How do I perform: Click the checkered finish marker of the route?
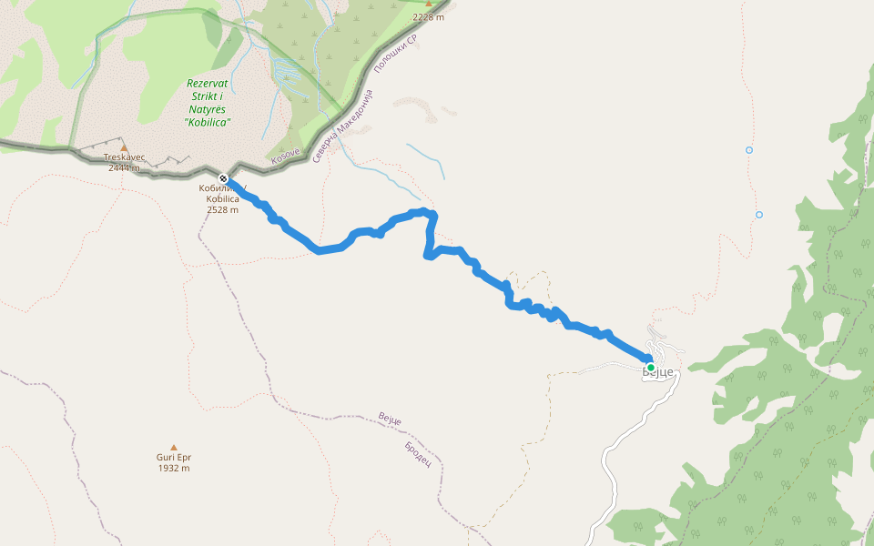coord(223,177)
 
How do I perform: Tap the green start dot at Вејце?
coord(651,368)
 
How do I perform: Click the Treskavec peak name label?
coord(124,157)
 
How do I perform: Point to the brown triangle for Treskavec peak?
coord(125,147)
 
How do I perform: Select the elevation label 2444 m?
coord(124,167)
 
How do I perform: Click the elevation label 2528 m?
coord(222,209)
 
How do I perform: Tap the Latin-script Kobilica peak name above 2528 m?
coord(222,198)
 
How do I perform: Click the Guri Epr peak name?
coord(173,458)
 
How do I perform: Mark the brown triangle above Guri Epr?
coord(173,447)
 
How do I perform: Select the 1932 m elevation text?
coord(173,469)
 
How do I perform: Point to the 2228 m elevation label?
coord(428,17)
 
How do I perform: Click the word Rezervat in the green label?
coord(208,83)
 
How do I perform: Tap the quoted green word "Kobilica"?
coord(207,122)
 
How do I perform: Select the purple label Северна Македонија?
coord(343,126)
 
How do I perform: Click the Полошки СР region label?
coord(395,55)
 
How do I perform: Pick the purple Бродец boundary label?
coord(417,451)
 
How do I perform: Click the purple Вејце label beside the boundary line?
coord(390,420)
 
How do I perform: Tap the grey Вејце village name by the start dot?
coord(659,373)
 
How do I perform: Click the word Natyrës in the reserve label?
coord(207,108)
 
